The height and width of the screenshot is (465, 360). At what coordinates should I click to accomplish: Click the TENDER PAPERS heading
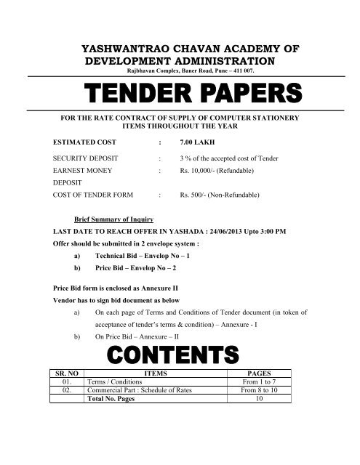pyautogui.click(x=180, y=93)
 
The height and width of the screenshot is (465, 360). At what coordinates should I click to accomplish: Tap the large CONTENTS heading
pyautogui.click(x=180, y=355)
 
